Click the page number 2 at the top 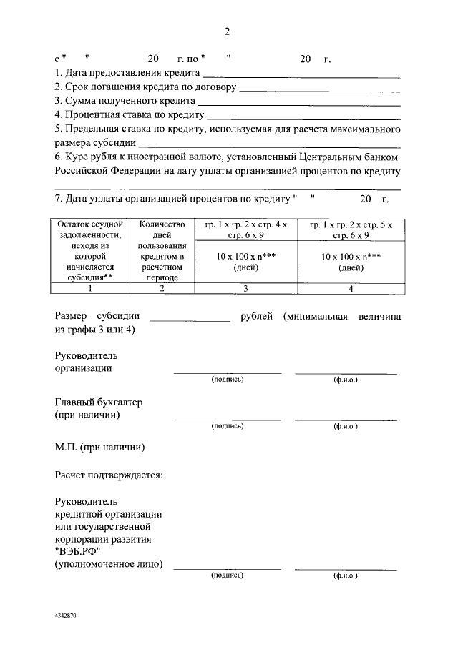pos(228,31)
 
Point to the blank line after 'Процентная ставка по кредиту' pos(303,117)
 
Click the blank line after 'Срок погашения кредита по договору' pos(318,90)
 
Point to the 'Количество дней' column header pos(162,230)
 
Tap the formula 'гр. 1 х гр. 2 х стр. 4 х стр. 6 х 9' pos(245,229)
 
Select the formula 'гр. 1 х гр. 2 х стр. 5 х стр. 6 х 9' pos(351,229)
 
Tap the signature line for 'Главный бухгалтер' pos(228,418)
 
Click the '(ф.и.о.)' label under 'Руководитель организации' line pos(346,380)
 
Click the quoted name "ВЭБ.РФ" pos(79,552)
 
